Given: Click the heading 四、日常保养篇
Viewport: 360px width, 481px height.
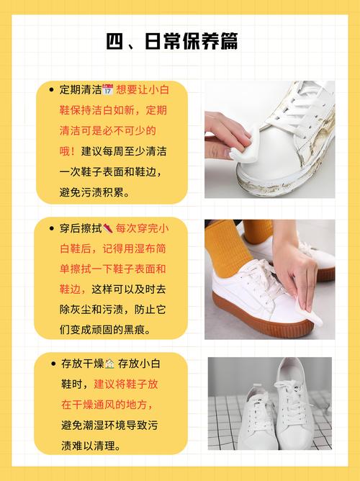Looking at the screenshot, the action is (172, 41).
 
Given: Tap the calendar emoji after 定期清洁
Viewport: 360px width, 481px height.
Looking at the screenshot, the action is (107, 89).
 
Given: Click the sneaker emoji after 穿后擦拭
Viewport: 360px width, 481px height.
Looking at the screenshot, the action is (107, 228).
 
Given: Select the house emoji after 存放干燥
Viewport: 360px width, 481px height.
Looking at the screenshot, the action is (109, 364).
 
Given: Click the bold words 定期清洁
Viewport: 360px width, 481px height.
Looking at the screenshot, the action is (81, 89).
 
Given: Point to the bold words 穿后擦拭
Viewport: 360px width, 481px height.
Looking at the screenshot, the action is (81, 228).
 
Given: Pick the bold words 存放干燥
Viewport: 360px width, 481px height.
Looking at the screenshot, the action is (83, 364).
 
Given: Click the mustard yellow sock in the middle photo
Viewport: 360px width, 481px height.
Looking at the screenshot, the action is (225, 247).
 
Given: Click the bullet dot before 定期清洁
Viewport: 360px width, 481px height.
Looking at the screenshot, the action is (51, 90).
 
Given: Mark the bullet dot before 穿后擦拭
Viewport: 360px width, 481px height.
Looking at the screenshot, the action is (51, 228).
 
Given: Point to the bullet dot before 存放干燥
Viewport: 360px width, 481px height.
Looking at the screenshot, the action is (53, 364).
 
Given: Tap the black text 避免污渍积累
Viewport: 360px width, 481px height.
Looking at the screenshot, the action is (95, 192).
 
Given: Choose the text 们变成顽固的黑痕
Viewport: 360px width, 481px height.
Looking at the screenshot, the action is (105, 330).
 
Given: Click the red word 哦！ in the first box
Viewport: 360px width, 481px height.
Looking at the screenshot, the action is (67, 151).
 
